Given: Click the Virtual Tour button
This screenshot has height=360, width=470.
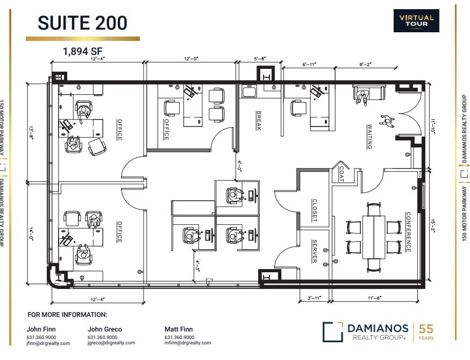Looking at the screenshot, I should click(x=416, y=20).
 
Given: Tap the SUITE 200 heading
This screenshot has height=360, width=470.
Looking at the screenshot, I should click(x=82, y=23).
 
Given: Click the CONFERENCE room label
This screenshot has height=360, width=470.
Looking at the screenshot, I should click(x=408, y=231).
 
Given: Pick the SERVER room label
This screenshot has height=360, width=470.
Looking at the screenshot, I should click(x=314, y=251).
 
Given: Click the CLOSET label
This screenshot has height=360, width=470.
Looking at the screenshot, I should click(x=315, y=210).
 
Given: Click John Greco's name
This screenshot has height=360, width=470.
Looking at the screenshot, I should click(x=104, y=329).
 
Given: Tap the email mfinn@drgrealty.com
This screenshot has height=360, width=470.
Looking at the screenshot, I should click(x=188, y=343).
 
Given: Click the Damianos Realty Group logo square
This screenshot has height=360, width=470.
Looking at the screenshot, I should click(x=332, y=331).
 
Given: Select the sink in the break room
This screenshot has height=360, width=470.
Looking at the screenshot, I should click(x=249, y=92).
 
